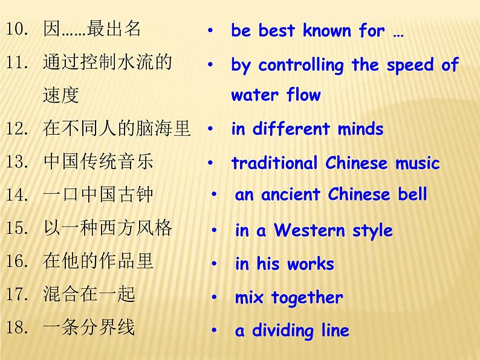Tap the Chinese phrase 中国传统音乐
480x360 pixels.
[x=99, y=162]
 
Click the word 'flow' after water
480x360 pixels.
[x=303, y=95]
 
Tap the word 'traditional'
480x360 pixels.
[x=274, y=163]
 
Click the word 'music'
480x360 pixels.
[x=418, y=163]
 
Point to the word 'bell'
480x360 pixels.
[x=412, y=194]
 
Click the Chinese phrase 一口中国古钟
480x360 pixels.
[x=99, y=194]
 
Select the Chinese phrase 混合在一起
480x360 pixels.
[x=89, y=294]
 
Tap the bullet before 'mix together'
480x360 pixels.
[x=214, y=297]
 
